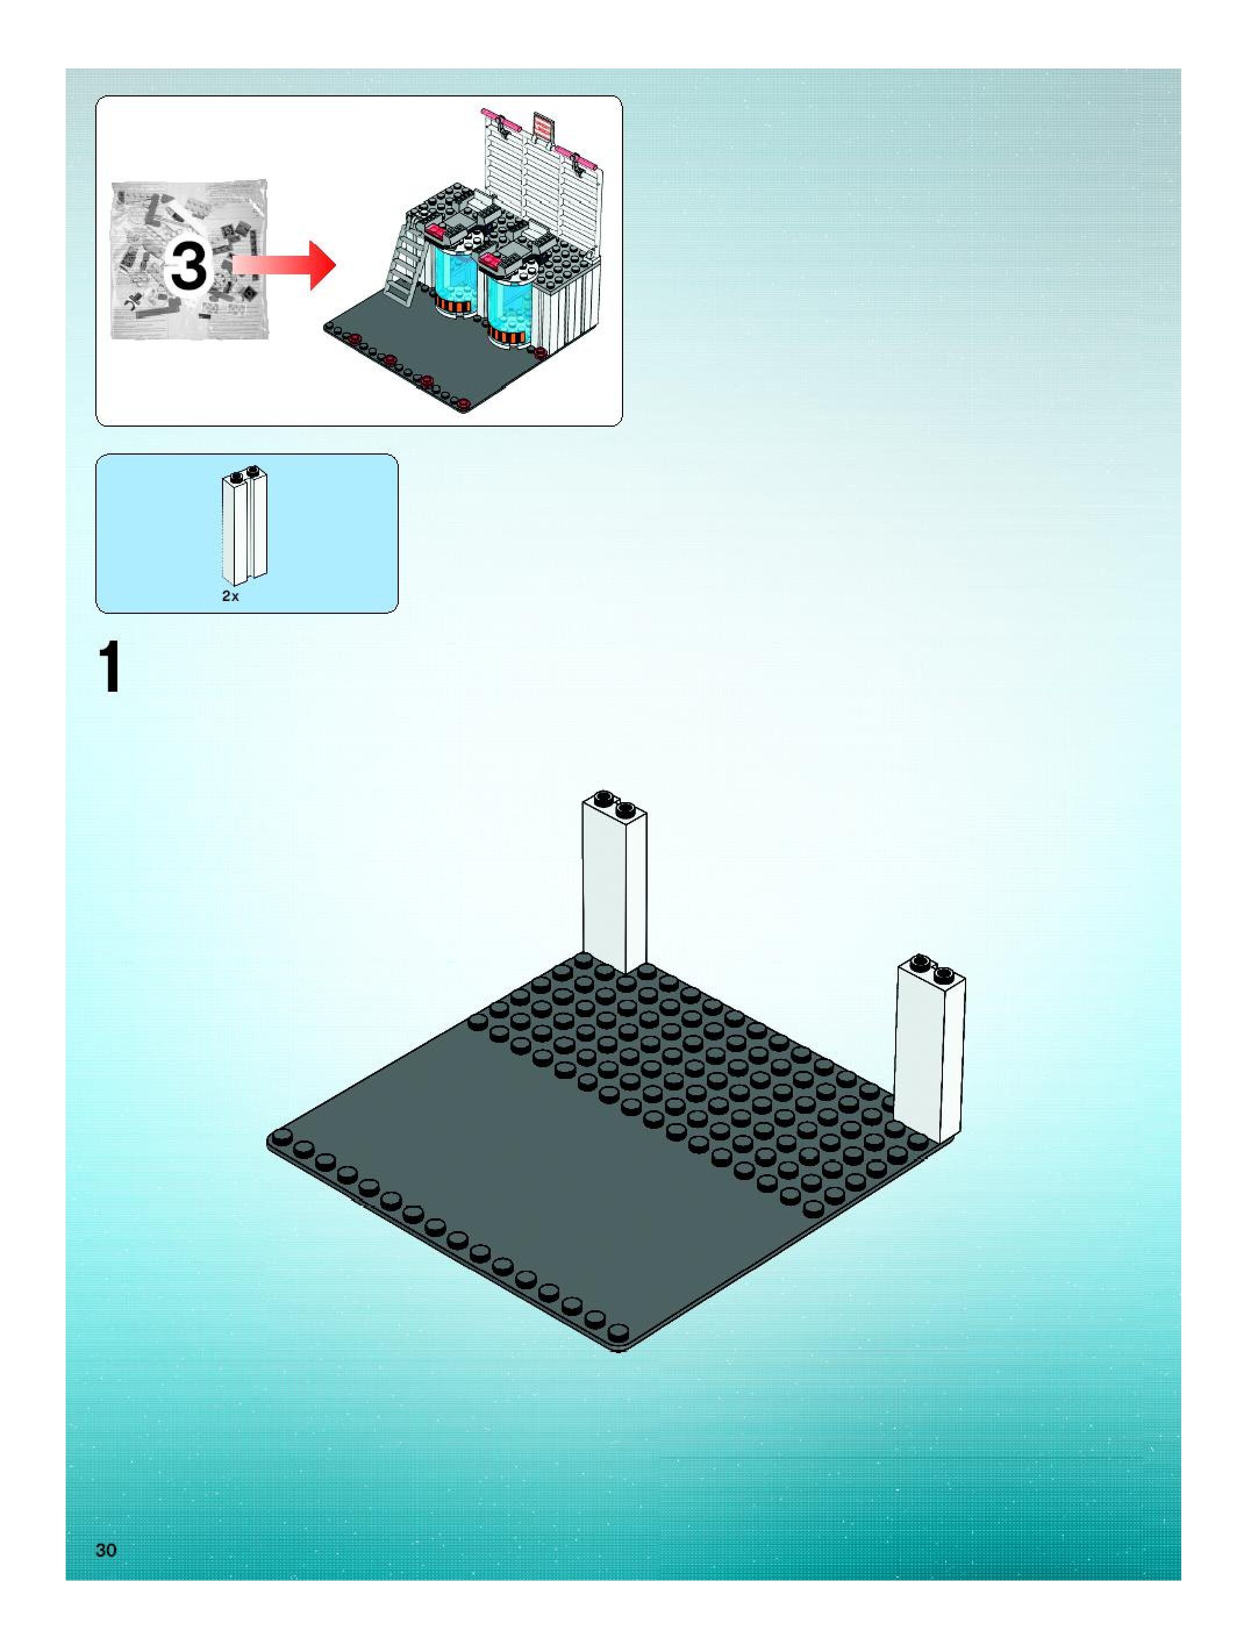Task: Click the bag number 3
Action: point(188,267)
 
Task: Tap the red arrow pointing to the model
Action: point(288,264)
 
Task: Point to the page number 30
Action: point(106,1550)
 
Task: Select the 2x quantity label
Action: point(230,596)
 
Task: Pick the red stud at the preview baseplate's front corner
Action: point(464,404)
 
